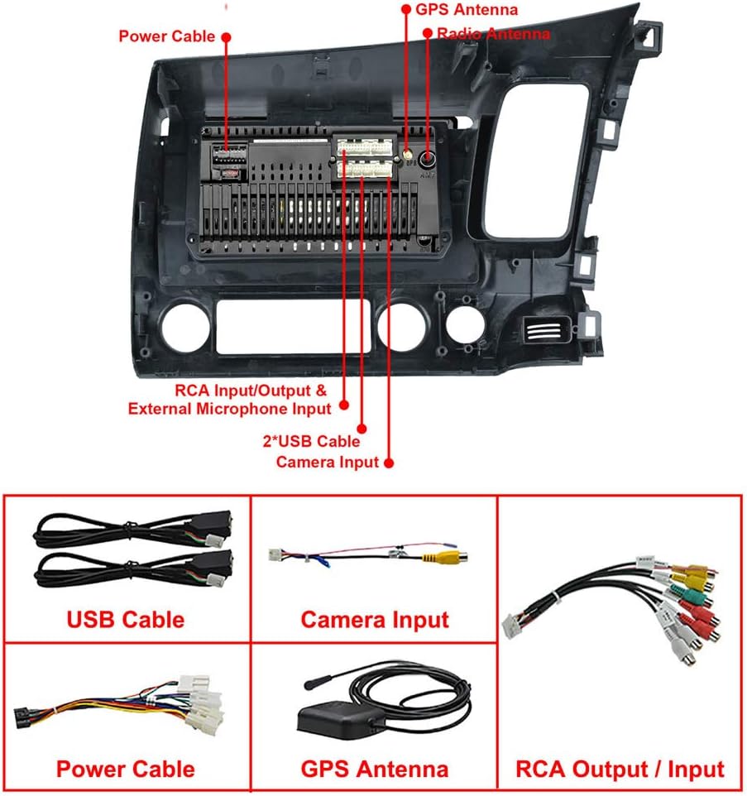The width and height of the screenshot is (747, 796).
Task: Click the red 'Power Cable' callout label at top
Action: tap(167, 36)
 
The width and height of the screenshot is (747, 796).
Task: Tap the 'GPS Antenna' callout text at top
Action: tap(467, 10)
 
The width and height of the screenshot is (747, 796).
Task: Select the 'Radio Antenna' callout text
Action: tap(493, 34)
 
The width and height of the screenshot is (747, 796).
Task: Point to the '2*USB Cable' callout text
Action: tap(312, 441)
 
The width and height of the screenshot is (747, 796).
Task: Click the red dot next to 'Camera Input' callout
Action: tap(389, 463)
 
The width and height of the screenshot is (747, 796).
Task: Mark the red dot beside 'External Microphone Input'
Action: tap(343, 405)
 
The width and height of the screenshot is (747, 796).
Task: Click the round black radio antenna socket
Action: tap(428, 160)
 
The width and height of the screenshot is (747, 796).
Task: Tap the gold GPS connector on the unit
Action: tap(407, 155)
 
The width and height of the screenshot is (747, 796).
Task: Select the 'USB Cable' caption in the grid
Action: tap(126, 620)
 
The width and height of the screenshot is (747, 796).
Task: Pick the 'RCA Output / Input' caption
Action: tap(620, 769)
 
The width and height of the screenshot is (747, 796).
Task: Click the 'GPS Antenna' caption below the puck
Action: tap(375, 769)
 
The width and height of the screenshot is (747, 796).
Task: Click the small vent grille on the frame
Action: tap(543, 329)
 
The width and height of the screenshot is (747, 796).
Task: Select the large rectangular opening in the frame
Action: tap(294, 327)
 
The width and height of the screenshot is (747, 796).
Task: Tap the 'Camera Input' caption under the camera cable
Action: tap(375, 620)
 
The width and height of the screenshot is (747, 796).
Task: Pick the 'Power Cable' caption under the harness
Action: tap(126, 769)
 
